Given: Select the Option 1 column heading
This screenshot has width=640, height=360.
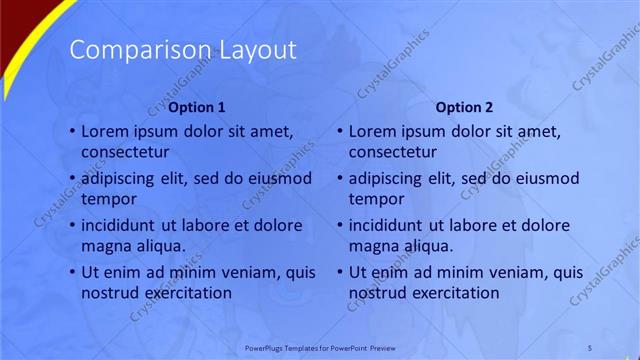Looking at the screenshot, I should point(196,107).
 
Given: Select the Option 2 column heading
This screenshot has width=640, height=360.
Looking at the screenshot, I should point(465,107).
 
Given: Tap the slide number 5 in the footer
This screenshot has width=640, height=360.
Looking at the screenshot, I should point(590,347).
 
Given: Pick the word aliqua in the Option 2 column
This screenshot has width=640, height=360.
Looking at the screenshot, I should point(427,245).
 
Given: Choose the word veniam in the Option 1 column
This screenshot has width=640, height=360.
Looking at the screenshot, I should point(247,272).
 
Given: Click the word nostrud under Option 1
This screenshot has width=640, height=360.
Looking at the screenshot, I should point(110,292).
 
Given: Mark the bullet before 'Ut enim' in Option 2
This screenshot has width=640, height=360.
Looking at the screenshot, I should point(340,272).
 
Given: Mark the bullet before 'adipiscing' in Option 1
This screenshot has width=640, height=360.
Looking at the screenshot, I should point(71,178).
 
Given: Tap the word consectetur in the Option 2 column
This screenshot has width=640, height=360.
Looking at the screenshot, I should point(392,152).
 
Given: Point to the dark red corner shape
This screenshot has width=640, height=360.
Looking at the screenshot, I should point(14,20).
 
